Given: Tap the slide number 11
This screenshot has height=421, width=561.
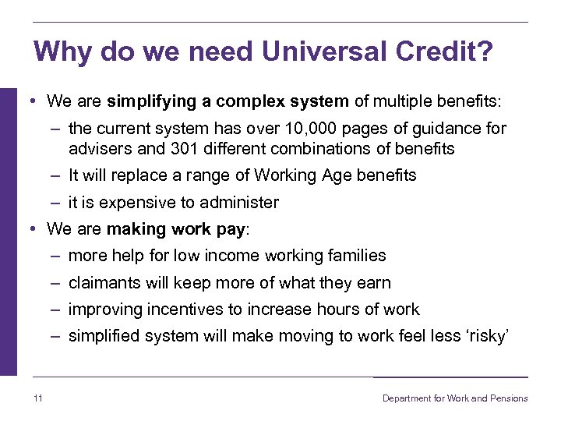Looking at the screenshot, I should pos(38,398).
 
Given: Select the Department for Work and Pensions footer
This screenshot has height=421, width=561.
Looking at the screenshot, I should pos(454,398).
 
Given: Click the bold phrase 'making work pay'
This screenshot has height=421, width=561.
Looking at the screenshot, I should pos(175,229).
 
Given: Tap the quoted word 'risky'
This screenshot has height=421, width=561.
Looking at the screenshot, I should pos(485,336).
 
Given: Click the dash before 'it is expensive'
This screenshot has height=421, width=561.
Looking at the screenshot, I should pos(56,203).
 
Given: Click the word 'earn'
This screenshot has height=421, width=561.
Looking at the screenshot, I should pos(374,283).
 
